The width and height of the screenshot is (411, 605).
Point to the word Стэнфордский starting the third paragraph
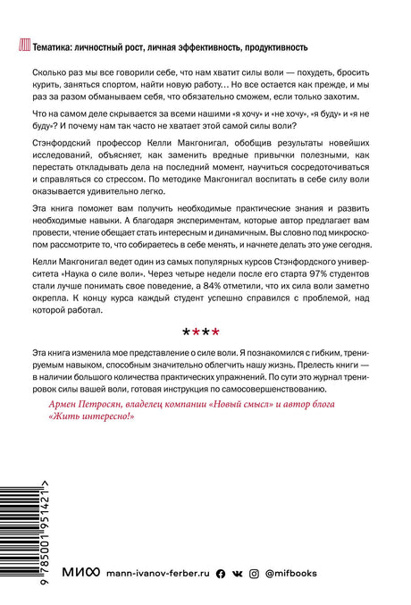(58, 151)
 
